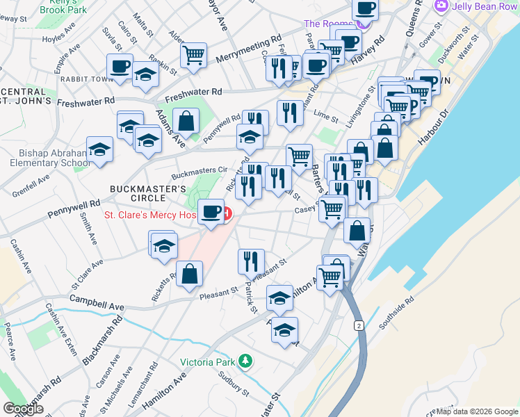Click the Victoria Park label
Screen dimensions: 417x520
[208, 361]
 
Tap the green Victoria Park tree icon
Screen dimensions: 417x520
[245, 361]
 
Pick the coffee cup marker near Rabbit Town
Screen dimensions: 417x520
[120, 67]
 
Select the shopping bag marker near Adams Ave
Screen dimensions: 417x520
[186, 120]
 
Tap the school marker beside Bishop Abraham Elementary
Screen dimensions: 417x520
[100, 150]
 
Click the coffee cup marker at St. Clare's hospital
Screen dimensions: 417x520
[211, 211]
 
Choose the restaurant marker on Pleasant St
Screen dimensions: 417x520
[250, 261]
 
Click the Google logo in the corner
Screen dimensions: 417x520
[24, 408]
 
